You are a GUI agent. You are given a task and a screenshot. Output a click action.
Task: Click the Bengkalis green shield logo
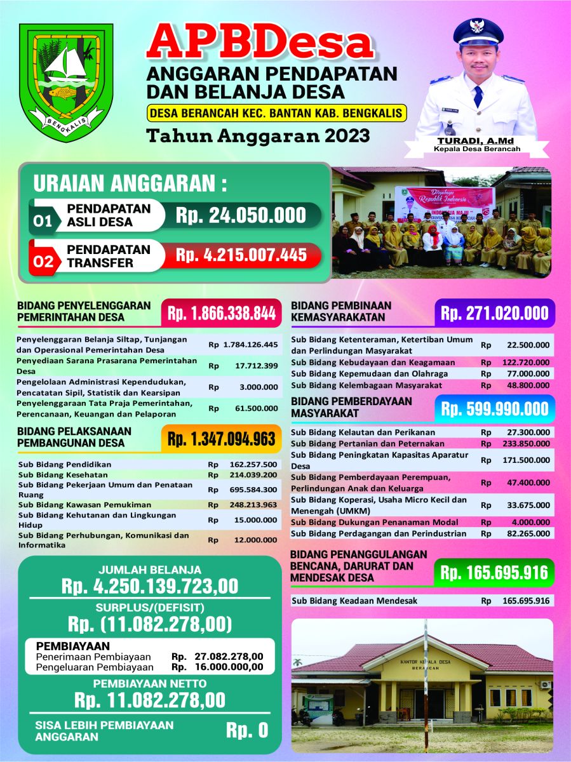click(65, 83)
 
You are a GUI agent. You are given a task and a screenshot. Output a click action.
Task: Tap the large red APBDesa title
click(259, 43)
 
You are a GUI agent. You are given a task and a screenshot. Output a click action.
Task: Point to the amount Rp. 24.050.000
click(241, 215)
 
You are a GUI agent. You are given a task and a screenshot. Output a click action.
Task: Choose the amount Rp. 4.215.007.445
click(241, 255)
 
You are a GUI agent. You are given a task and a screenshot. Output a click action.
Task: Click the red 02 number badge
click(43, 262)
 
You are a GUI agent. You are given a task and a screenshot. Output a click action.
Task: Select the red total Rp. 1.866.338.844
click(222, 313)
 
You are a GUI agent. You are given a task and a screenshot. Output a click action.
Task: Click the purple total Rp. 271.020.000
click(495, 313)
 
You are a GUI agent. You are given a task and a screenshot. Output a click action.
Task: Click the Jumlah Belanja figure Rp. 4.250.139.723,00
click(150, 585)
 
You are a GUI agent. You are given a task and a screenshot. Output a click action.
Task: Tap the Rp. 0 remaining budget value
click(247, 731)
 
